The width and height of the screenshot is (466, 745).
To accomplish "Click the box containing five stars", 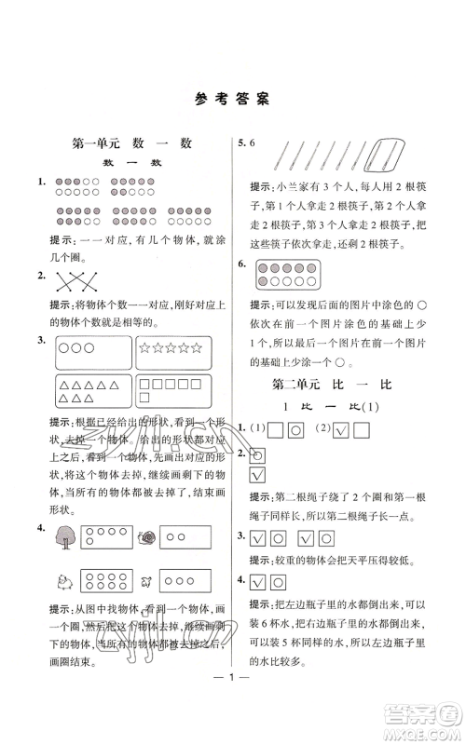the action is (x=172, y=349).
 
